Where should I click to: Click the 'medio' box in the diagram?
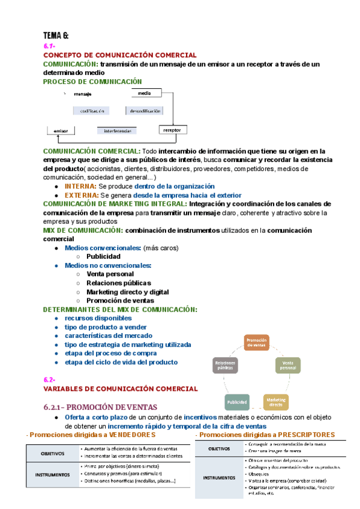[x=145, y=94]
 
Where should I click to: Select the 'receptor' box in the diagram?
[x=172, y=130]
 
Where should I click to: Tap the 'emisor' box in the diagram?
[x=61, y=130]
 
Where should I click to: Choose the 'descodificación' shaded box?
[x=145, y=111]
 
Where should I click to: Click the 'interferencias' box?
[x=116, y=130]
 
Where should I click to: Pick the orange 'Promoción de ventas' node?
[x=256, y=342]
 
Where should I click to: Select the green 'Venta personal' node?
[x=288, y=365]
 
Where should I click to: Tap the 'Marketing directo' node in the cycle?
[x=276, y=402]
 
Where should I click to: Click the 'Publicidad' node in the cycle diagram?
[x=236, y=402]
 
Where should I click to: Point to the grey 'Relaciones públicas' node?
[x=225, y=366]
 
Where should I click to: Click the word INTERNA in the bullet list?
[x=80, y=187]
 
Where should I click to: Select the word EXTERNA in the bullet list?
[x=81, y=195]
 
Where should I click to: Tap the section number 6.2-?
[x=49, y=380]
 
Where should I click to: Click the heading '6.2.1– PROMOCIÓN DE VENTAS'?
[x=100, y=406]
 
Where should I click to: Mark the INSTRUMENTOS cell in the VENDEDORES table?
[x=52, y=474]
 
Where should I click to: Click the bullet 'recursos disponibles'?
[x=98, y=318]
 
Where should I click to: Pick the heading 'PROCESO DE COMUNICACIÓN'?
[x=92, y=81]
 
